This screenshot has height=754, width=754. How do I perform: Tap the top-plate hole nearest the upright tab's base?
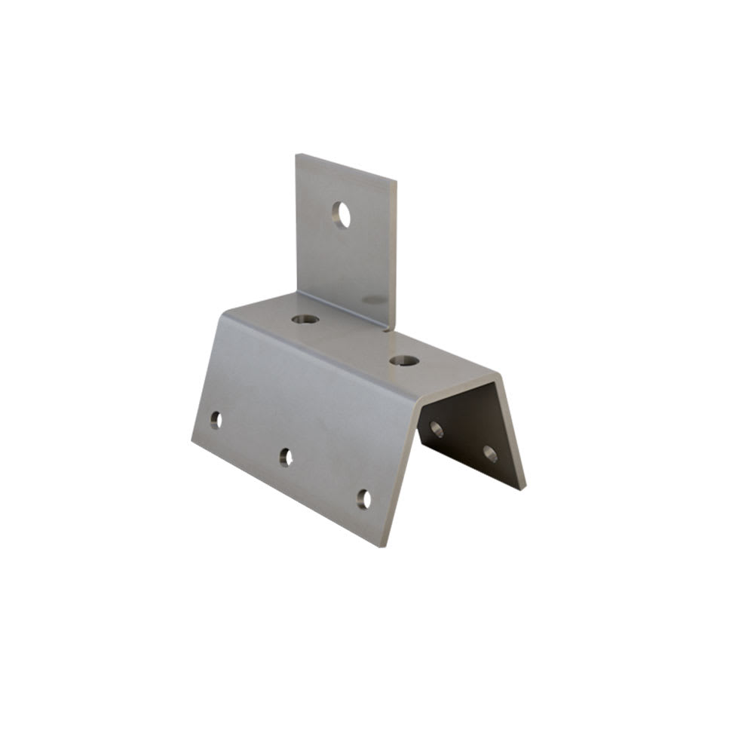point(305,319)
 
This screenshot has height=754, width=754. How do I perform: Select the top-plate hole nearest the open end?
point(405,361)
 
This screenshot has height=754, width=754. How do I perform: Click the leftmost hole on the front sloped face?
point(216,420)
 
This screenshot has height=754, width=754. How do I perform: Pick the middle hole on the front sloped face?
point(286,457)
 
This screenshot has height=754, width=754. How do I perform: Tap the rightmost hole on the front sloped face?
point(364,499)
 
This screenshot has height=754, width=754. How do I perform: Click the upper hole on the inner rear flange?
point(437,429)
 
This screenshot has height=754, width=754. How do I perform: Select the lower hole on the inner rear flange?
point(489,453)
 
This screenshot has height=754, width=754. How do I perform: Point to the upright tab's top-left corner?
point(297,155)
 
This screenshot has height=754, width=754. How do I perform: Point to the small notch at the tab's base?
point(388,328)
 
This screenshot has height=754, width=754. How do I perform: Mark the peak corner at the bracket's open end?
point(496,374)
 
